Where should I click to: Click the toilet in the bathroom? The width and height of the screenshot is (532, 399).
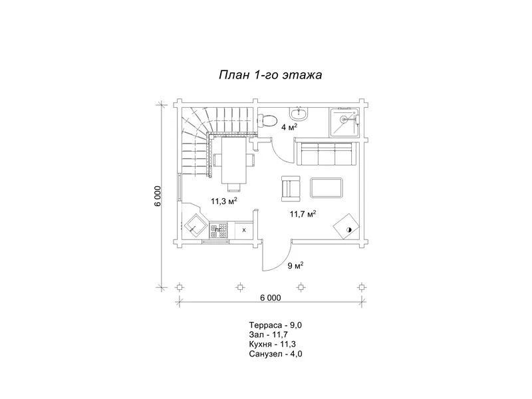268,120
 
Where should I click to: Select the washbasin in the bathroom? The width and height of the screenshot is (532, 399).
299,114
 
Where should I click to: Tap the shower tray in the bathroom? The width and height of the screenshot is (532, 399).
344,122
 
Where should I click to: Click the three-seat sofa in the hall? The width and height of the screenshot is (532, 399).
326,154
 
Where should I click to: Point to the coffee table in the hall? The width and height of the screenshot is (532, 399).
327,188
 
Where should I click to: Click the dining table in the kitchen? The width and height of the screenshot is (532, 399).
234,160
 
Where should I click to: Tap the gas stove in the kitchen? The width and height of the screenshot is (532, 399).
218,231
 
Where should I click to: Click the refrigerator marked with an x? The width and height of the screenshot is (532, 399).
244,231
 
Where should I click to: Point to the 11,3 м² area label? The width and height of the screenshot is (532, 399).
224,201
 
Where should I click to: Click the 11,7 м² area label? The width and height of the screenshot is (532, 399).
303,213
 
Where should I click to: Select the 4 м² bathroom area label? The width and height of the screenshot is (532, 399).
289,127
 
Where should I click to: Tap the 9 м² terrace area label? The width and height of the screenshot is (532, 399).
295,265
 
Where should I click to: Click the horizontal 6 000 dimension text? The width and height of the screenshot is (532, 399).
271,298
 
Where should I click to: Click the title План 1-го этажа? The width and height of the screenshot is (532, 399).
271,74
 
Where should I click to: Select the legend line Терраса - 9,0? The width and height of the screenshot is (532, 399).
275,325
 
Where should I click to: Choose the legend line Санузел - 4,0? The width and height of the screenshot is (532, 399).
275,354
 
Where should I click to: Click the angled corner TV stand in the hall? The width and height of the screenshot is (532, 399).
346,226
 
